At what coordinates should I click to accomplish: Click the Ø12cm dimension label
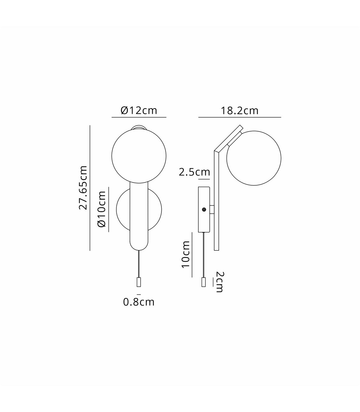tap(139, 111)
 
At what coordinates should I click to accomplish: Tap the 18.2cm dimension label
tap(239, 111)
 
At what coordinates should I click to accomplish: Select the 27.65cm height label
tap(83, 188)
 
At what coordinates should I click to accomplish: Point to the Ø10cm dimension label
tap(102, 209)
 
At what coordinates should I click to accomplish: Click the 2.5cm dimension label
tap(194, 172)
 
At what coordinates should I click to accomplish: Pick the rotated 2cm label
tap(219, 282)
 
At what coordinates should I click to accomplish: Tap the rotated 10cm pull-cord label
tap(186, 254)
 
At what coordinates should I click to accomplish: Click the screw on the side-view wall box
tap(204, 209)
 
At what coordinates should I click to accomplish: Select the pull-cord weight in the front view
tap(139, 282)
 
